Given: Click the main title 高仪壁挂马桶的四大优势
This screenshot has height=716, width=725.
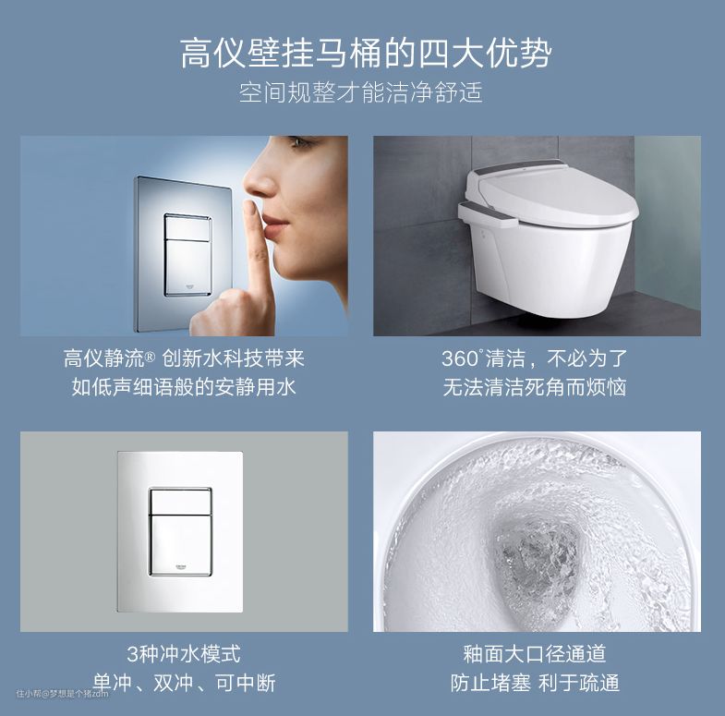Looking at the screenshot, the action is pyautogui.click(x=366, y=55).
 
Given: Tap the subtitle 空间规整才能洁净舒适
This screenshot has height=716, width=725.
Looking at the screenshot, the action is pyautogui.click(x=361, y=92).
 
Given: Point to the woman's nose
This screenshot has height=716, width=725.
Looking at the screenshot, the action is pyautogui.click(x=259, y=178).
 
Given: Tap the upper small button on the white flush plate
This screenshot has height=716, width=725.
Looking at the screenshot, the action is pyautogui.click(x=180, y=501).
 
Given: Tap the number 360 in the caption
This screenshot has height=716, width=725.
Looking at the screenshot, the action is pyautogui.click(x=461, y=359).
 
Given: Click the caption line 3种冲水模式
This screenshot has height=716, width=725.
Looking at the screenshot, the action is pyautogui.click(x=184, y=654).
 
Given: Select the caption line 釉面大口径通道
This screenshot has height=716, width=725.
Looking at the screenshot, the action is pyautogui.click(x=535, y=654).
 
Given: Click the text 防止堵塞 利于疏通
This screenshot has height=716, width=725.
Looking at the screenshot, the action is pyautogui.click(x=535, y=683).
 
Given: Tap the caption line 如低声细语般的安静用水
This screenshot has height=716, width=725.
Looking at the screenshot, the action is pyautogui.click(x=184, y=387).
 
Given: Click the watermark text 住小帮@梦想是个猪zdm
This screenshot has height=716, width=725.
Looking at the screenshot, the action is pyautogui.click(x=63, y=693).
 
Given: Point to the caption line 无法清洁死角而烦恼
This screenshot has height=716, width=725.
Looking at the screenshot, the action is pyautogui.click(x=535, y=387).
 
